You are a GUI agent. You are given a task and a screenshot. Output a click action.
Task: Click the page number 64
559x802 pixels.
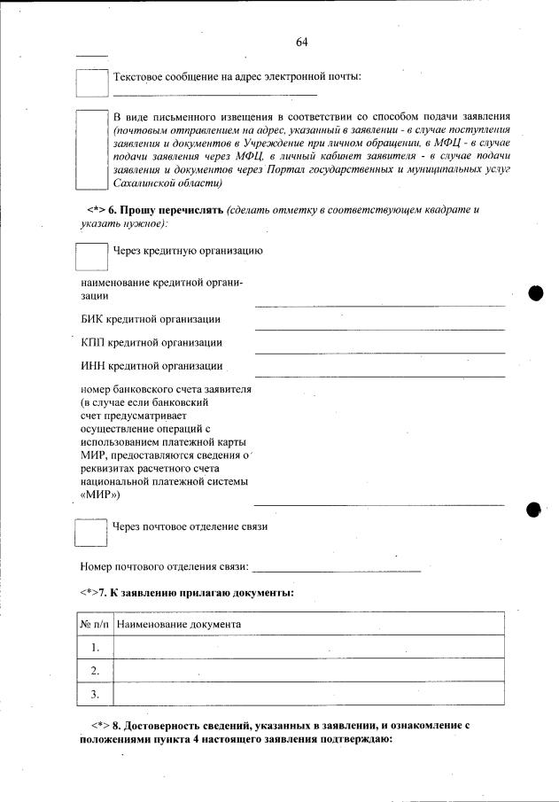click(302, 43)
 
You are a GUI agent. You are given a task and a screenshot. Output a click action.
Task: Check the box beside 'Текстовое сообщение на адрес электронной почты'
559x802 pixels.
click(91, 82)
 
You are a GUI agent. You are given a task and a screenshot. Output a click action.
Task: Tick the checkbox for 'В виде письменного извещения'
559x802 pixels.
click(91, 150)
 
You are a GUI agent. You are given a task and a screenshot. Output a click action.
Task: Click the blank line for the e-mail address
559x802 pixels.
click(215, 93)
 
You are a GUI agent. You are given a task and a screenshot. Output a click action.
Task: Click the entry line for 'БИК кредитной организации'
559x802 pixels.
click(379, 328)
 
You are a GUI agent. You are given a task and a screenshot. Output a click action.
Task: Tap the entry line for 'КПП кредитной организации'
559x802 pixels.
click(379, 352)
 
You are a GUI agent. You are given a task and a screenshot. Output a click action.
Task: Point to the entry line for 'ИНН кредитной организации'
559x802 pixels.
click(379, 376)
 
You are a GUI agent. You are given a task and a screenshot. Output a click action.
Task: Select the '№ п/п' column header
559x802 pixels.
click(94, 624)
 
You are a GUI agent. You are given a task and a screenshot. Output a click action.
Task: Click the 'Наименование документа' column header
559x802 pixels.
click(179, 624)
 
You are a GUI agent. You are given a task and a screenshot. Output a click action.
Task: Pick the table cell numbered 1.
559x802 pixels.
click(94, 647)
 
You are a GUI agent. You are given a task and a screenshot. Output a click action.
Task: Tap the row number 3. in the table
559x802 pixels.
click(94, 693)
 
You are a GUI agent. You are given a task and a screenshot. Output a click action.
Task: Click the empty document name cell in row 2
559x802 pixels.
click(308, 670)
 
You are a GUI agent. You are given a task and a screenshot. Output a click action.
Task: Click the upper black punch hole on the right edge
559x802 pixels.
click(535, 293)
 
